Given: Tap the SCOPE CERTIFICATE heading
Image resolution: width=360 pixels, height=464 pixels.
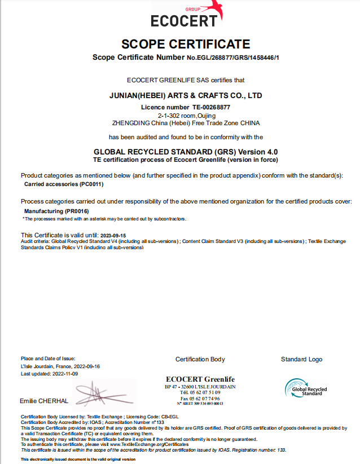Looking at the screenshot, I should [x=186, y=44].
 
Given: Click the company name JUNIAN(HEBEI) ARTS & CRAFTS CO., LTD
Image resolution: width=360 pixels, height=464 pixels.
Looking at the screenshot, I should [x=186, y=96].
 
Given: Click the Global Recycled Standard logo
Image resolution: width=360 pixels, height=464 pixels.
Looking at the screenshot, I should [x=305, y=388].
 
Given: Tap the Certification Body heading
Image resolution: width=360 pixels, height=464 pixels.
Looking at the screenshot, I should [x=200, y=359].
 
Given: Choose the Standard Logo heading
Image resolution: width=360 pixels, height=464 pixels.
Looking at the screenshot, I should [x=301, y=359].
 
